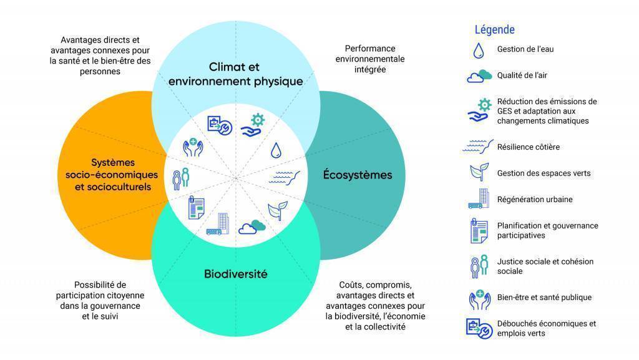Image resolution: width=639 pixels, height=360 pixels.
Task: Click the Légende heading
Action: tap(494, 30)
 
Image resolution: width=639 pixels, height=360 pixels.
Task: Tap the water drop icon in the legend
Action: tap(479, 51)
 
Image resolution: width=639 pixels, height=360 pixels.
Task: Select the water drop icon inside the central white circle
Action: tap(276, 150)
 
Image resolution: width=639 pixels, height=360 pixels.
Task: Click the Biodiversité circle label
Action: tap(235, 274)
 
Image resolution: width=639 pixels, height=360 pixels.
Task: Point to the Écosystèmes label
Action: tap(358, 175)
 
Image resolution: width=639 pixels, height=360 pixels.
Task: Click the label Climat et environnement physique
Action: tap(235, 74)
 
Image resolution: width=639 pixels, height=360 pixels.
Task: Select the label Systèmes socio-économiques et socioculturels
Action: tap(112, 175)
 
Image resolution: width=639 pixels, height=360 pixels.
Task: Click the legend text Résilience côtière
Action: tap(528, 147)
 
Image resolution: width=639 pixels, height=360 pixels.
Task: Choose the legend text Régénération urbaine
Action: tap(535, 200)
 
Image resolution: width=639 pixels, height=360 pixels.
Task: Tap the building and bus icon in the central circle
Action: tap(218, 224)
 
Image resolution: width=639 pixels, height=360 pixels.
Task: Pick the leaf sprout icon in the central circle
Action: tap(278, 210)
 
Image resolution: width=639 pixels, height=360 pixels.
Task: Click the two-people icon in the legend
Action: tap(479, 266)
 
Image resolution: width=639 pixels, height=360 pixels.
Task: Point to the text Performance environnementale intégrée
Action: tap(370, 59)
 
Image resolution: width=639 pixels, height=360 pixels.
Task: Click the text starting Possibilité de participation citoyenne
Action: tap(100, 301)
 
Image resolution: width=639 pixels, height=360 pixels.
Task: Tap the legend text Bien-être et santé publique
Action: tap(544, 297)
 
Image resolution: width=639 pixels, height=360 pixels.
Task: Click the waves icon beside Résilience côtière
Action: tap(477, 147)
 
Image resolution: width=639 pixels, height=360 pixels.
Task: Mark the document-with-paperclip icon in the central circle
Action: tap(196, 208)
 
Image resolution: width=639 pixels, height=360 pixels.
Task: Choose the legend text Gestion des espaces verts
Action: tap(544, 173)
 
